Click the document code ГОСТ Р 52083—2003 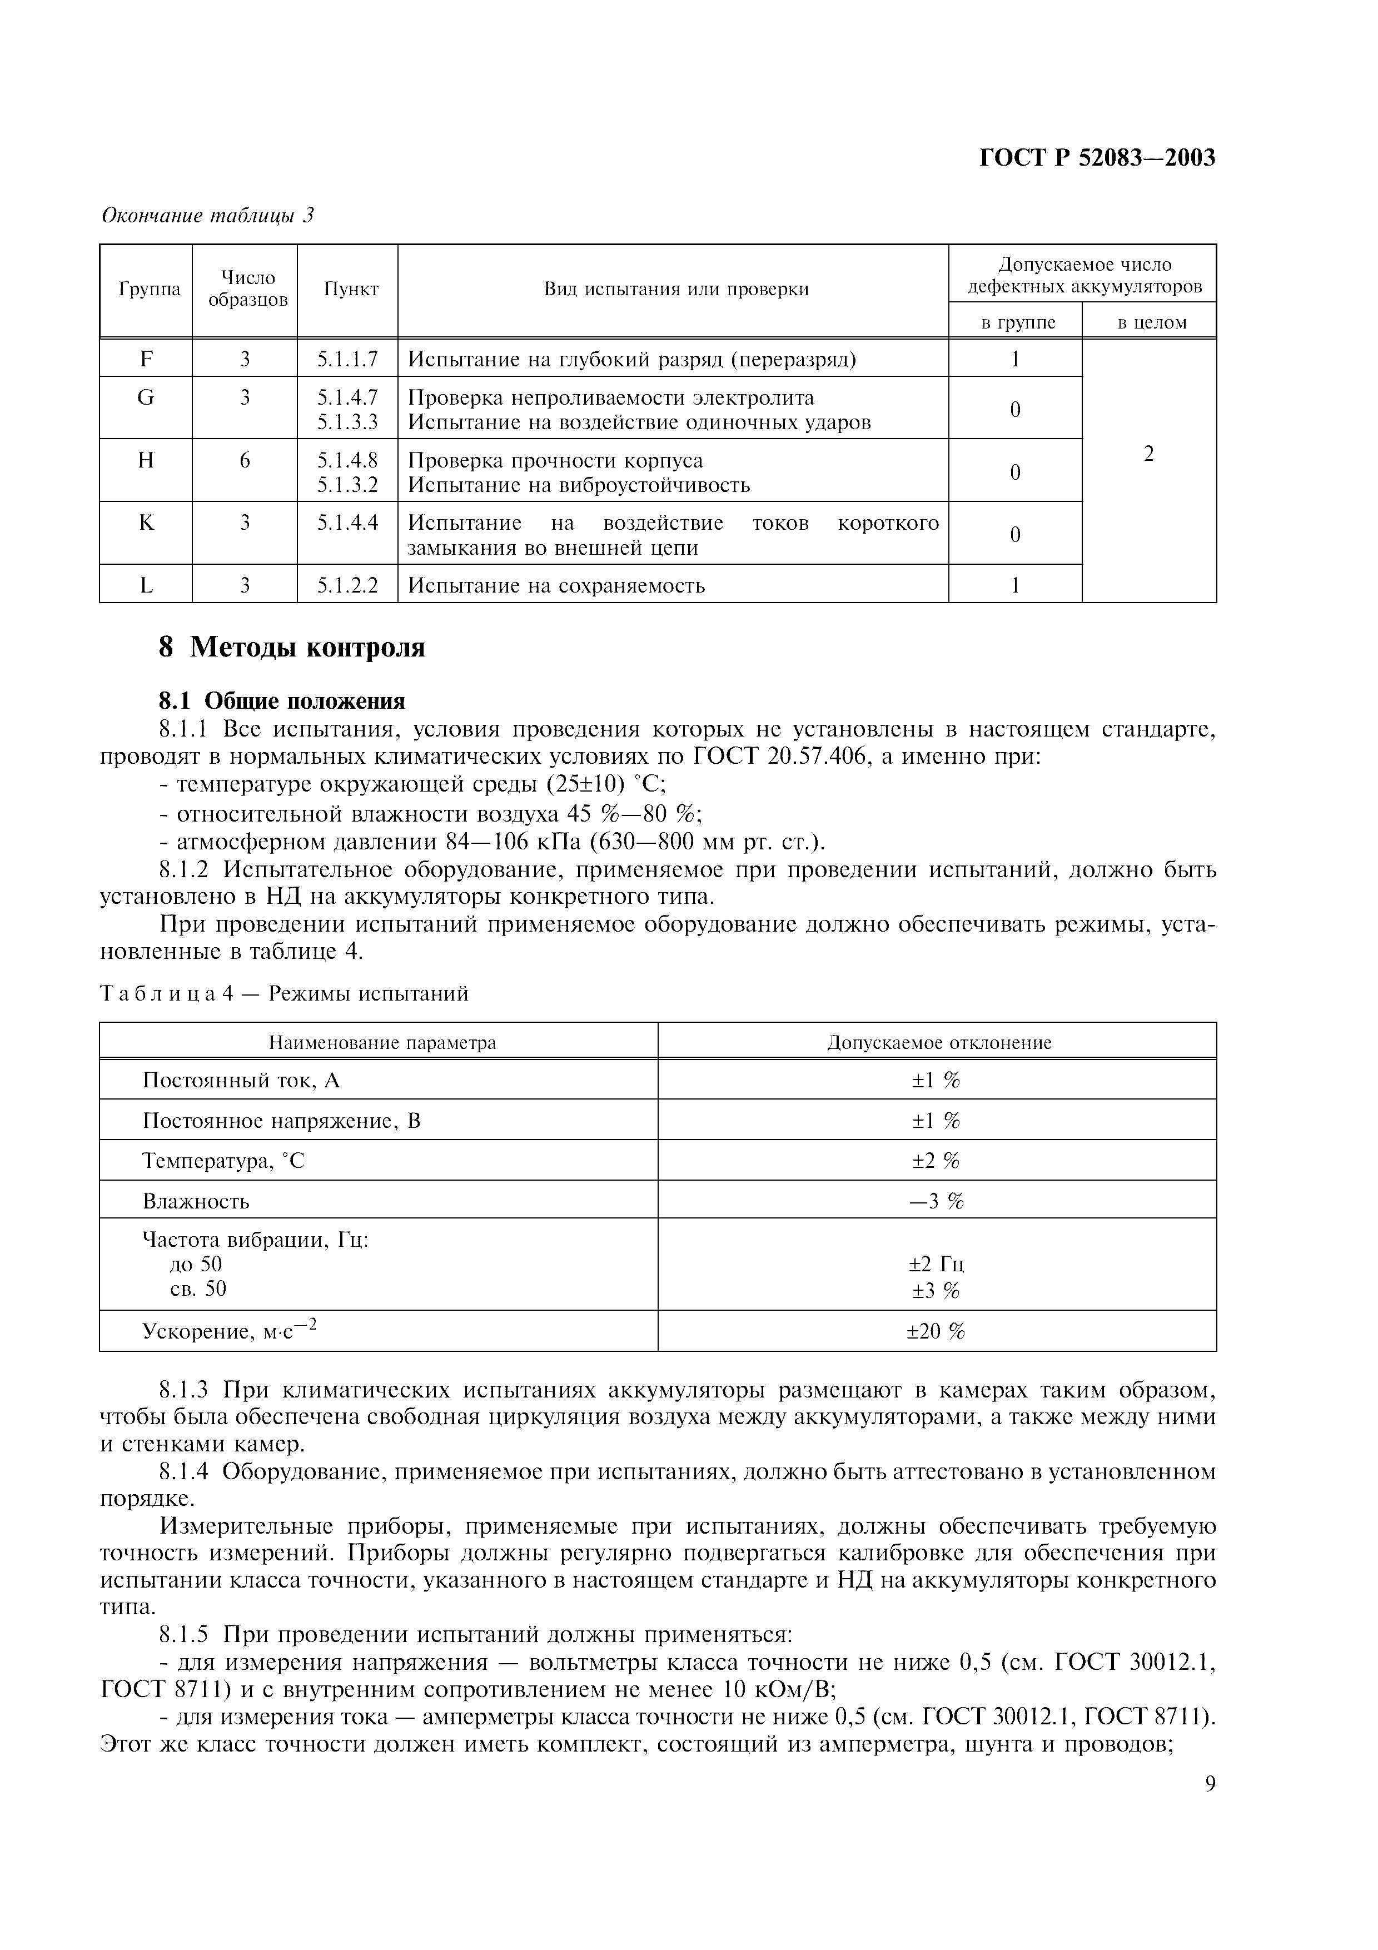(1097, 157)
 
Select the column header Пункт (351, 290)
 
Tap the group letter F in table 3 (146, 359)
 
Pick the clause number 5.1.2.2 (347, 585)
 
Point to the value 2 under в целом (1149, 454)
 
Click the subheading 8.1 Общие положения (282, 700)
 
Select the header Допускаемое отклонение (938, 1042)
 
